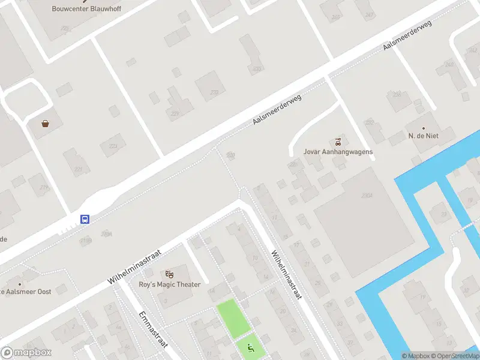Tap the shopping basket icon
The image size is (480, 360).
(x=45, y=124)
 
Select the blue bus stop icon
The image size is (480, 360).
(x=85, y=219)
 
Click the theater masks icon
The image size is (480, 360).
(x=169, y=274)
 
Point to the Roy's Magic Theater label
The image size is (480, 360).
(x=169, y=284)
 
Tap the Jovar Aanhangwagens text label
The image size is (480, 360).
(x=338, y=152)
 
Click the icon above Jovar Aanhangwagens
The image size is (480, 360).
(x=338, y=142)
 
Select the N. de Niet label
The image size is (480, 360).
(x=424, y=136)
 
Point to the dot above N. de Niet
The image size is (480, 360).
(x=424, y=128)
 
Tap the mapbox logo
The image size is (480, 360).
(x=26, y=353)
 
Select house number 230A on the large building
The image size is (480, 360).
(x=367, y=196)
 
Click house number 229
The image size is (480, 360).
(x=175, y=113)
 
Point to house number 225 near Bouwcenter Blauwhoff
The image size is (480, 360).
(x=65, y=28)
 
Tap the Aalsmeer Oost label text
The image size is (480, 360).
(x=37, y=292)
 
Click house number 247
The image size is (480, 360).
(x=369, y=14)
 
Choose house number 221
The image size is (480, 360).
(x=77, y=170)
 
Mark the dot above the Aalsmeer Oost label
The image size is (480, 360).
(x=20, y=284)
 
